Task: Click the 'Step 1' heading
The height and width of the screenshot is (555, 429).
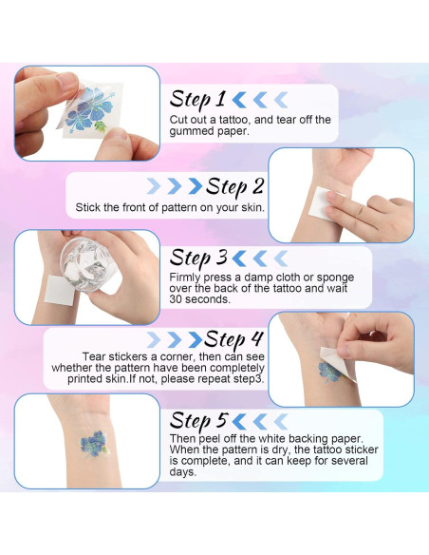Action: click(197, 99)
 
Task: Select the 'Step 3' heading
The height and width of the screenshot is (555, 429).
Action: click(197, 258)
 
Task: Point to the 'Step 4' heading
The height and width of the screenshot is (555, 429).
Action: click(234, 339)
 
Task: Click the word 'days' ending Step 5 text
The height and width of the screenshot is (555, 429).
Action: click(185, 472)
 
